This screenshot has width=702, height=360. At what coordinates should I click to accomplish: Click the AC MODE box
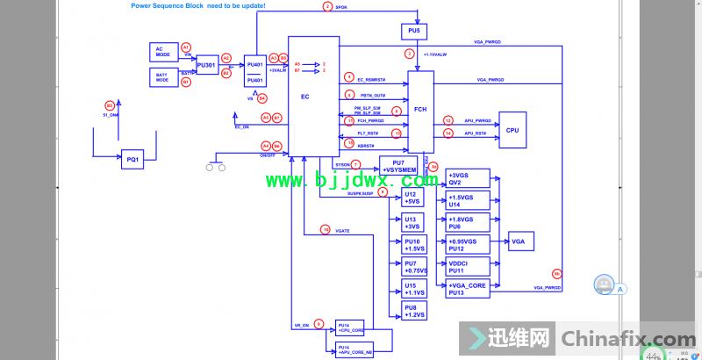162,51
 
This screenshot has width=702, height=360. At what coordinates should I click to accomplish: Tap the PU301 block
206,64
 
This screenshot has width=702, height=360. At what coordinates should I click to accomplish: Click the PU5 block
414,32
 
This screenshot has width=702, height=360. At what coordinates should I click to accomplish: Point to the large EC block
305,96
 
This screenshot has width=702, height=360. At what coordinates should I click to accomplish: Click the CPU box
512,129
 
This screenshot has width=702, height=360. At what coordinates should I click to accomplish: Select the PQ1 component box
133,160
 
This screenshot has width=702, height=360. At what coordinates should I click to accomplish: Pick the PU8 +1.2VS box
412,310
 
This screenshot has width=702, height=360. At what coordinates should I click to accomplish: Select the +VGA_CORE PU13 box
468,288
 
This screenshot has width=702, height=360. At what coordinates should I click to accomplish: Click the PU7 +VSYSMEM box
398,166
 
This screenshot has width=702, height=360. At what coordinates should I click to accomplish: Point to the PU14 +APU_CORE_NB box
355,349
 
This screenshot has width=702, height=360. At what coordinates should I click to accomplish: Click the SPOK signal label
341,6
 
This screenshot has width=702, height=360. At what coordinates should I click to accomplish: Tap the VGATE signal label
342,230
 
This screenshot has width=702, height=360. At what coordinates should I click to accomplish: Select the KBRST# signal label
366,145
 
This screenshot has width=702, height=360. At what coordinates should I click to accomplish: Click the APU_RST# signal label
476,133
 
